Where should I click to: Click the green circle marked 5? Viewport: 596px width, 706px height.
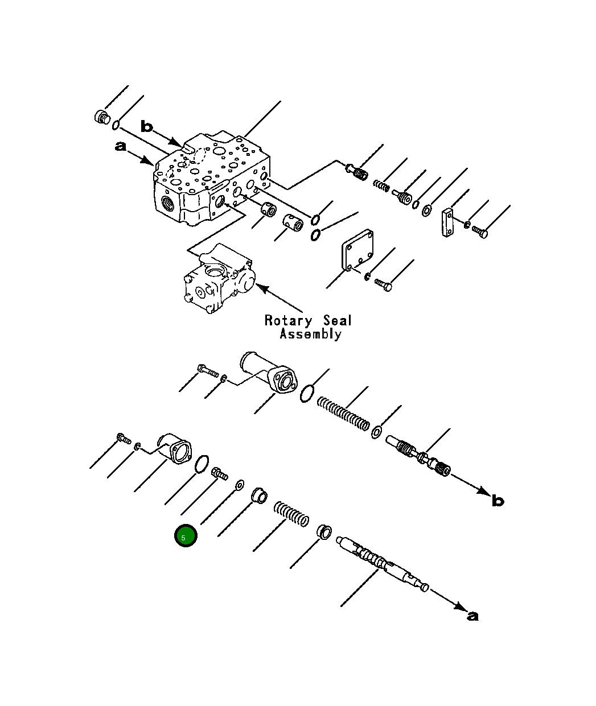186,536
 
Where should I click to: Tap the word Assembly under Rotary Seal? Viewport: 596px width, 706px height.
310,334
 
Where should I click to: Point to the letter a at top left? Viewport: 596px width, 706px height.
120,147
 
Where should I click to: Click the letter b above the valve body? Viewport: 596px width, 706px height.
147,126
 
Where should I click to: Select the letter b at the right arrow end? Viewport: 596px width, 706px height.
498,501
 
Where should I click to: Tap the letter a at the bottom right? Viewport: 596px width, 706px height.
472,616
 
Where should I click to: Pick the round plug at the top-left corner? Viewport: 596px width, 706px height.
101,117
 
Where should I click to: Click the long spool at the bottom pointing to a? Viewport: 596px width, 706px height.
381,563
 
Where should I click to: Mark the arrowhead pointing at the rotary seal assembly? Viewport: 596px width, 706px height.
261,287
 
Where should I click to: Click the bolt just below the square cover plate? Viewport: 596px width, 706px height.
384,284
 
